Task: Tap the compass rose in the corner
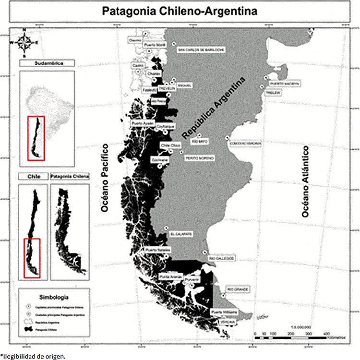24,42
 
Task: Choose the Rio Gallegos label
222,258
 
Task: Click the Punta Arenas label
171,277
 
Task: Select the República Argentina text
215,107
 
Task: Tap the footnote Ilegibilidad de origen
32,356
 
